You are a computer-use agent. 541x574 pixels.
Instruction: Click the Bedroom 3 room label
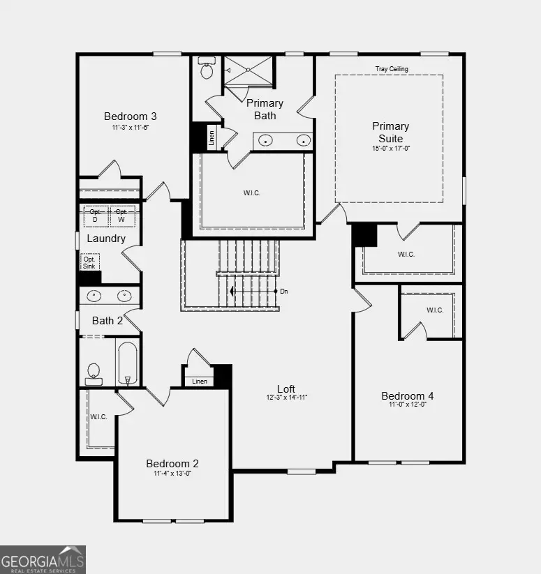130,116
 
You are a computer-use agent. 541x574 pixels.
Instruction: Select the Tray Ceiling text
391,69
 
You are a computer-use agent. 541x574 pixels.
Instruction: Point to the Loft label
286,389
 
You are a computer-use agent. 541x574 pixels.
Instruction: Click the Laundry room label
106,239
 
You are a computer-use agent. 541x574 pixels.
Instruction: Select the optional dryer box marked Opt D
96,216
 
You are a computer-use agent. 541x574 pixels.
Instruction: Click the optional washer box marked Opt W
121,216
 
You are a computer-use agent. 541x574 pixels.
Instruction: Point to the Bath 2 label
107,321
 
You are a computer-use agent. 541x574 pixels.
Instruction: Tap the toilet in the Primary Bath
207,70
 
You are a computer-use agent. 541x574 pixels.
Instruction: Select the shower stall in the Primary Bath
248,70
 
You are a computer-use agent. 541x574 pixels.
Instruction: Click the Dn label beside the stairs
283,291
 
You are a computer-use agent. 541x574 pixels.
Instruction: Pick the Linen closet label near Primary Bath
212,137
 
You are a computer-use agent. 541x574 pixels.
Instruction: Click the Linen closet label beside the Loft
199,381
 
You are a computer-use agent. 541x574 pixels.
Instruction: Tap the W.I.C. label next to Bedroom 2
98,417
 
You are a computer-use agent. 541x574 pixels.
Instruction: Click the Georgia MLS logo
43,559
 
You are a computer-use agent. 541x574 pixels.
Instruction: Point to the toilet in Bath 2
94,372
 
